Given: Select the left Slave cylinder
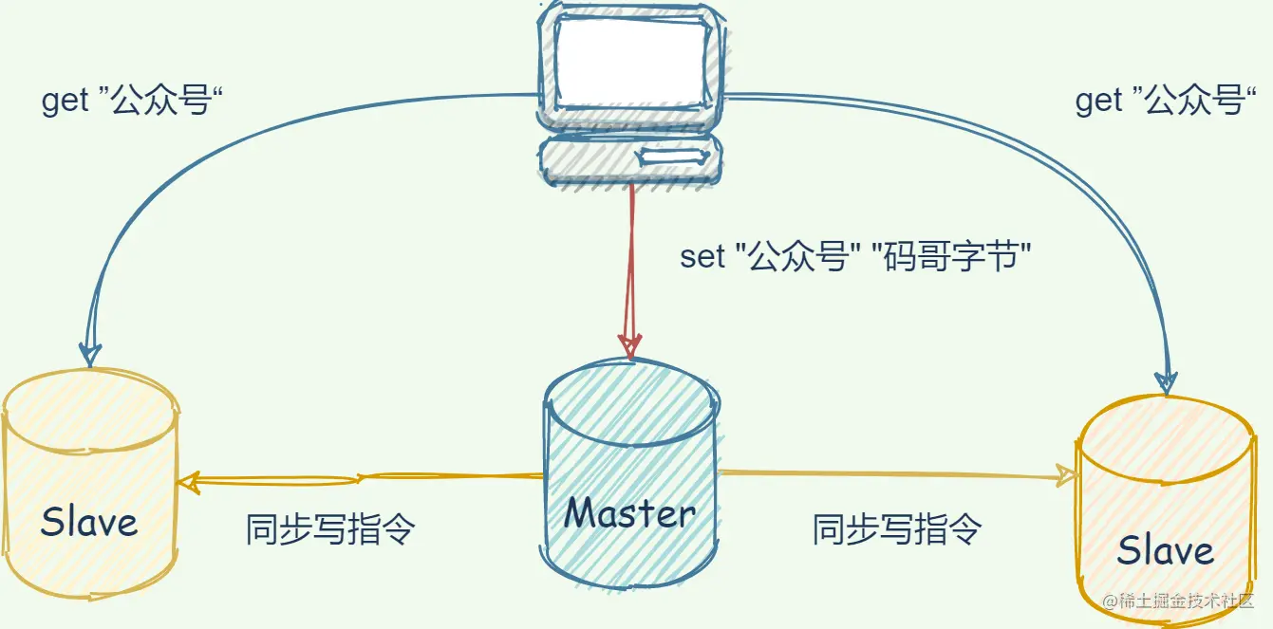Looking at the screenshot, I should click(x=89, y=484).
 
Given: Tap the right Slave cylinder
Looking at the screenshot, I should click(x=1166, y=503).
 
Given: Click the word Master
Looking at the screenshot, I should click(x=631, y=513).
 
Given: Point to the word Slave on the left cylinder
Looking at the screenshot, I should click(x=89, y=522).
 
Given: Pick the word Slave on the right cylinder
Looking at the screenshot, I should click(x=1166, y=550).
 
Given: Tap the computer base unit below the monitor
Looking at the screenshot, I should click(x=628, y=158).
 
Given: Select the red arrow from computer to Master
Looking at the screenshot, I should click(x=630, y=266).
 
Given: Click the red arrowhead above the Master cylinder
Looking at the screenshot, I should click(x=630, y=343).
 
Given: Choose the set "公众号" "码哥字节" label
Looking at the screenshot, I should click(x=855, y=257).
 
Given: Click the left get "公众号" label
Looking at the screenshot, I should click(x=134, y=101).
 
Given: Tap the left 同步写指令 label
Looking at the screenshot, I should click(x=330, y=528).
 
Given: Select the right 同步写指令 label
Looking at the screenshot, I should click(x=896, y=528).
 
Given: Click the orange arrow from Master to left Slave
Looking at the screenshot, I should click(x=361, y=479).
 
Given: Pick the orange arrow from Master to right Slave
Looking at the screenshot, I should click(x=892, y=473).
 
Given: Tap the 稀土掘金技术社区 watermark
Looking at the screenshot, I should click(x=1178, y=601).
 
